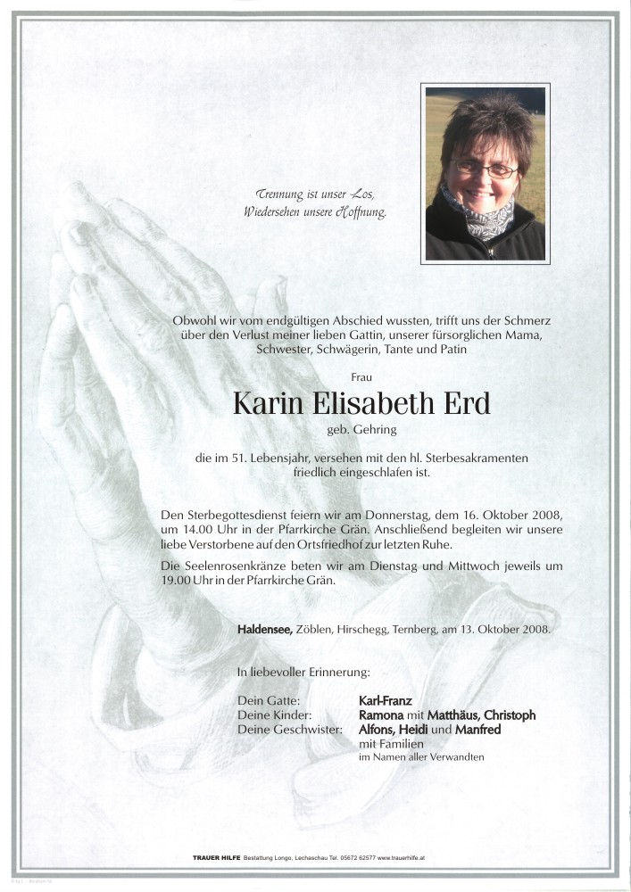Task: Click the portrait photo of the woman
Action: pos(485,173)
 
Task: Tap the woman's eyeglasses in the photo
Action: pos(485,167)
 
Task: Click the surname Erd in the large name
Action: pos(467,403)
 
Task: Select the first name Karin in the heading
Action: pos(267,403)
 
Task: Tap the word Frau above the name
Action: pos(362,377)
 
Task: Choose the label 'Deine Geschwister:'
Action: pos(291,730)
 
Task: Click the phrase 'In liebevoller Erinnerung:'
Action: pos(304,671)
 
